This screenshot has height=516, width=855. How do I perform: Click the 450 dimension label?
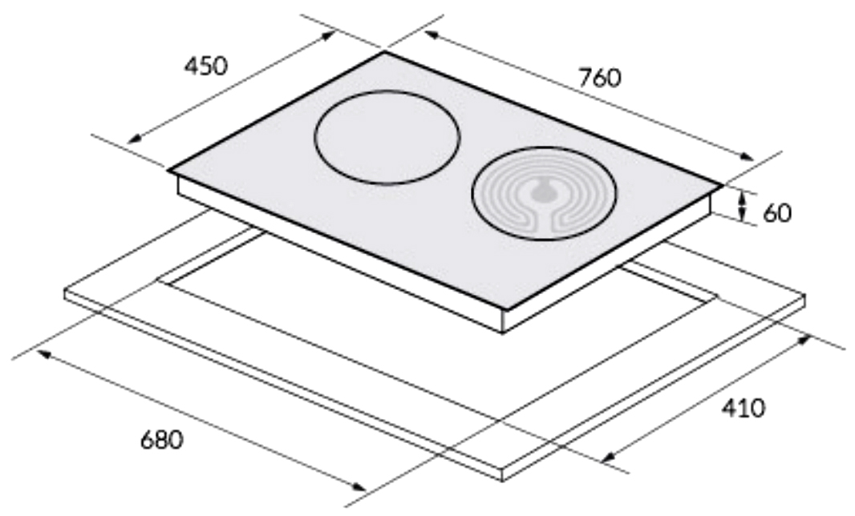tap(205, 66)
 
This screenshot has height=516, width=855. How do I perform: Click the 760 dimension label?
tap(599, 78)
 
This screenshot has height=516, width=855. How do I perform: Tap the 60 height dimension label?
tap(777, 212)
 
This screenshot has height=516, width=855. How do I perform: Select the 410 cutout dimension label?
tap(744, 408)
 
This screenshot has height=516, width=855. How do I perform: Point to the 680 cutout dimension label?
tap(162, 440)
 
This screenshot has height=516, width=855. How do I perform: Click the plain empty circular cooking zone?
tap(387, 138)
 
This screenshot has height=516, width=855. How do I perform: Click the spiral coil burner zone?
tap(544, 193)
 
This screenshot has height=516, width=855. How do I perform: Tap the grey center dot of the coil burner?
tap(541, 191)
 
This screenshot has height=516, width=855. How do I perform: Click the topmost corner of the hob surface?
tap(385, 52)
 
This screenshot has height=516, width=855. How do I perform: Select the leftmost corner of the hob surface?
tap(168, 171)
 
